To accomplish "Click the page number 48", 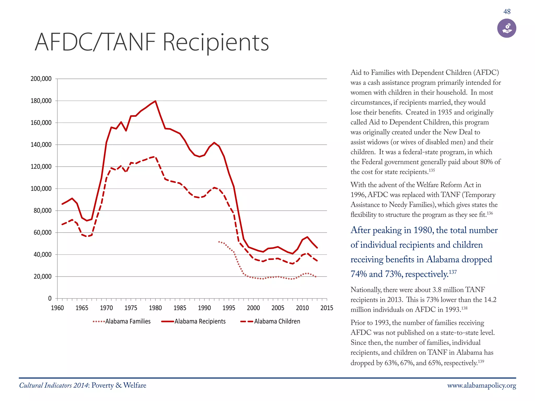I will click(x=507, y=12).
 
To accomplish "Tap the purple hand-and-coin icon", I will click(x=507, y=28).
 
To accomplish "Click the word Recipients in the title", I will click(x=216, y=42).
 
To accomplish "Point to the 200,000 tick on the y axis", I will click(x=41, y=79).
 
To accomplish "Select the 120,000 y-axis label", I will click(x=41, y=167).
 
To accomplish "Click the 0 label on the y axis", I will click(x=50, y=298).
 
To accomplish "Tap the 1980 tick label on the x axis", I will click(x=155, y=308).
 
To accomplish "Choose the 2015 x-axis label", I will click(x=327, y=308).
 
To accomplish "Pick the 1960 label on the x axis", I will click(x=57, y=308).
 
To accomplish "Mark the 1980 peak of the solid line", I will click(x=155, y=101).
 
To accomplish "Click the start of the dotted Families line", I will click(x=219, y=242).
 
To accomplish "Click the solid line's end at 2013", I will click(x=317, y=248).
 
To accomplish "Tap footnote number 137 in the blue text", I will click(x=453, y=272).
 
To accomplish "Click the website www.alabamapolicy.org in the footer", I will click(x=481, y=386).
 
